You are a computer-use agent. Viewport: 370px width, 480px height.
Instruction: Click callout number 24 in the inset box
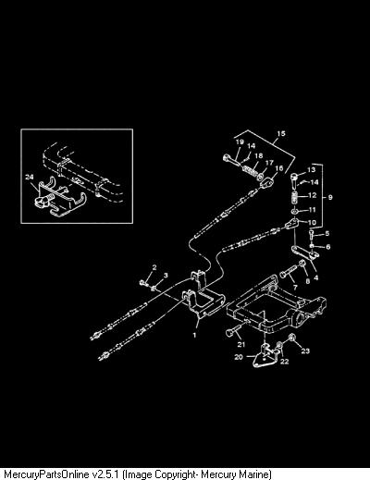(30, 177)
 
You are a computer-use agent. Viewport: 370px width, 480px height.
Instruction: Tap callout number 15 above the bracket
(281, 134)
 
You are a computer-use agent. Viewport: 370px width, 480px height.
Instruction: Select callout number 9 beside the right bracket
(330, 197)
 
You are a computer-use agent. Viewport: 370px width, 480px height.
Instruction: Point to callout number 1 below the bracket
(194, 335)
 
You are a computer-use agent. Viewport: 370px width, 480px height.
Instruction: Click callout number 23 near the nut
(305, 351)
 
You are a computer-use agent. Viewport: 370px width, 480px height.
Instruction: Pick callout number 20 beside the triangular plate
(239, 357)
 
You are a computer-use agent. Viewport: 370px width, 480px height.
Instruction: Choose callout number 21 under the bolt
(241, 344)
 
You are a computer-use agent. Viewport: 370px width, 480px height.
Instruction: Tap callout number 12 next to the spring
(313, 195)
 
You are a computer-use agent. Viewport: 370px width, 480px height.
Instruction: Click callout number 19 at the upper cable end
(240, 142)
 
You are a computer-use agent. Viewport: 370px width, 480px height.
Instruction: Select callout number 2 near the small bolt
(154, 267)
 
